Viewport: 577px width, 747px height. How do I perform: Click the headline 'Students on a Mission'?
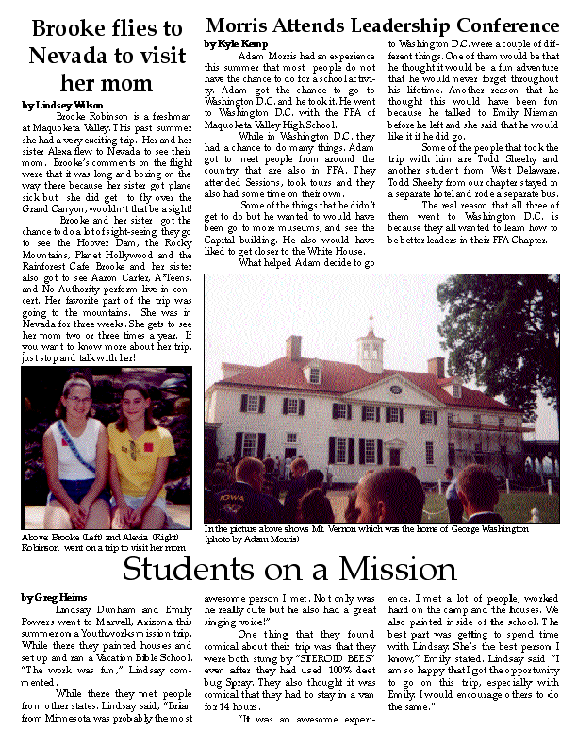pyautogui.click(x=289, y=570)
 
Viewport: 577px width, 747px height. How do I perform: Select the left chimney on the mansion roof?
pyautogui.click(x=295, y=348)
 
